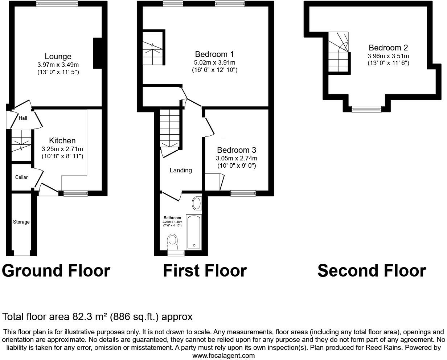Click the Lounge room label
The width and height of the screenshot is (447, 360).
click(58, 57)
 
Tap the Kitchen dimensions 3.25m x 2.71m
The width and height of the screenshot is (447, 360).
click(62, 149)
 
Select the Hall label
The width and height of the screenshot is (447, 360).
click(23, 118)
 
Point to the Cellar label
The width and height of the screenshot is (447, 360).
click(21, 177)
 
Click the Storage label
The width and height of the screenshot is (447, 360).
click(21, 222)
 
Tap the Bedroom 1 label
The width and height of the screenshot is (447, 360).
click(214, 54)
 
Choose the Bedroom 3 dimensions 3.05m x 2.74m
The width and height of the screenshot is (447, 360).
click(237, 158)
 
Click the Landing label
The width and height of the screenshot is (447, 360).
click(181, 170)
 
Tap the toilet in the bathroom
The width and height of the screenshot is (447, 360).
click(172, 242)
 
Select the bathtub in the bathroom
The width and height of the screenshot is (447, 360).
click(194, 232)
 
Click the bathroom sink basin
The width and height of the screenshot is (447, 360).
click(197, 203)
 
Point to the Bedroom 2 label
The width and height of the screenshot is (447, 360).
click(389, 48)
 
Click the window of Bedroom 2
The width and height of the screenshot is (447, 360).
click(366, 109)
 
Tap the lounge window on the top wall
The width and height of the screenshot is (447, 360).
click(57, 4)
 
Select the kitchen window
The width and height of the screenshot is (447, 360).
click(75, 193)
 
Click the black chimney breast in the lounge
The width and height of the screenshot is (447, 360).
click(97, 53)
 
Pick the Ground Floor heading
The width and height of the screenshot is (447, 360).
click(56, 271)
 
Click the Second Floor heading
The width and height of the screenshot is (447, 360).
click(372, 271)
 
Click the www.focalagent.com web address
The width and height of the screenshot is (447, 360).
click(223, 355)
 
